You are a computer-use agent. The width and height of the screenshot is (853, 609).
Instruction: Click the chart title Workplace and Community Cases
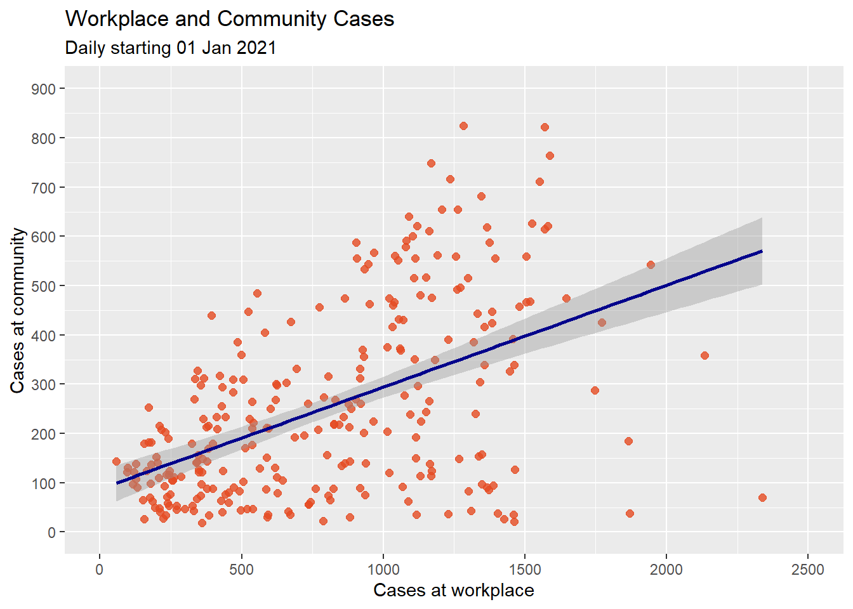(230, 19)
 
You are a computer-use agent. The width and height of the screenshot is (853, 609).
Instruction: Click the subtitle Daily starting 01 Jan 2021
(171, 48)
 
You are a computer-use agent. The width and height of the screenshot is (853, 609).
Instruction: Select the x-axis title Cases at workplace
(453, 591)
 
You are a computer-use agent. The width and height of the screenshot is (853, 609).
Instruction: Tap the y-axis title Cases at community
(18, 310)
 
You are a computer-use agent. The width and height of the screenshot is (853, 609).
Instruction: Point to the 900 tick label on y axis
(43, 89)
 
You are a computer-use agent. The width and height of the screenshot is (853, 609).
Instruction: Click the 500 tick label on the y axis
(43, 286)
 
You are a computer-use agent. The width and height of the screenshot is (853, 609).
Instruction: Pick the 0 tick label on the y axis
(51, 533)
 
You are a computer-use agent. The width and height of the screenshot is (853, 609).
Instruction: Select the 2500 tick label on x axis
(807, 569)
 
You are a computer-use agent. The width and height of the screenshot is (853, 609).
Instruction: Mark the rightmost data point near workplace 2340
(762, 497)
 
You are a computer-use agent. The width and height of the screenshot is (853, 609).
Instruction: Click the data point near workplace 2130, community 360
(704, 355)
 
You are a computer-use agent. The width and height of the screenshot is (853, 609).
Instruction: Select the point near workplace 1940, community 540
(651, 265)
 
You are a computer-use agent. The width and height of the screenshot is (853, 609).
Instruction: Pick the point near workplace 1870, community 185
(628, 441)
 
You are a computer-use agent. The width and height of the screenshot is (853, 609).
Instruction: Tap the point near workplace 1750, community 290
(595, 390)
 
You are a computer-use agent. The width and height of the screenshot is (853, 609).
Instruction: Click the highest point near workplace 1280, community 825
(463, 126)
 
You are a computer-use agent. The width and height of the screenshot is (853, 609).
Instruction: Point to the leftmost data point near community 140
(116, 462)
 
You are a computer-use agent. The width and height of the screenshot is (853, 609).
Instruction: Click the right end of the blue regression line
(761, 251)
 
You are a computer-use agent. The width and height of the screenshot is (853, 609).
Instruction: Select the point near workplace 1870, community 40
(630, 513)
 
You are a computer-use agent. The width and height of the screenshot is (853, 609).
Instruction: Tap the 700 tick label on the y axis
(43, 188)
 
